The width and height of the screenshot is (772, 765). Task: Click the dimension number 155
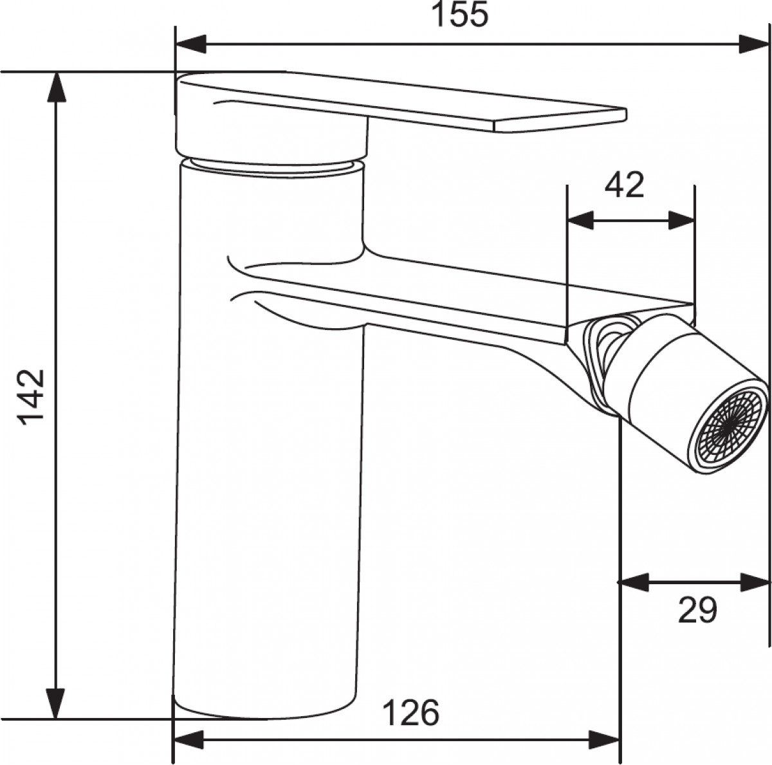tap(461, 15)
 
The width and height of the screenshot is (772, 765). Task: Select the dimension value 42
tap(624, 185)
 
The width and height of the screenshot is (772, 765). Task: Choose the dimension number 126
tap(410, 713)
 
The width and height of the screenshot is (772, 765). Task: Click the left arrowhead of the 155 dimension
tap(190, 44)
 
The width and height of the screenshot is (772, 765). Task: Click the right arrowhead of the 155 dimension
tap(753, 44)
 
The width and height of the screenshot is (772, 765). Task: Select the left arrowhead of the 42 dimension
tap(580, 221)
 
